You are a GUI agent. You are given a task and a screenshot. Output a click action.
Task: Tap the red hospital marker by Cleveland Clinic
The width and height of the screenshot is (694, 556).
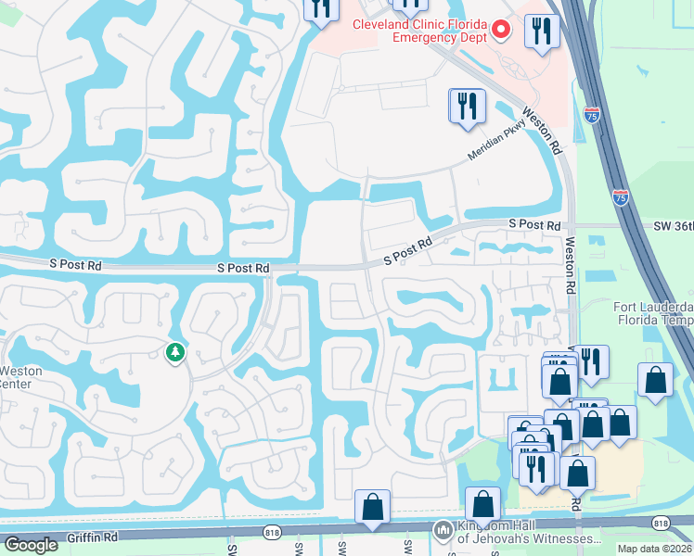(502, 32)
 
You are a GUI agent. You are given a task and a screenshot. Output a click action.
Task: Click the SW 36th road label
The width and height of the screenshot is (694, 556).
(673, 224)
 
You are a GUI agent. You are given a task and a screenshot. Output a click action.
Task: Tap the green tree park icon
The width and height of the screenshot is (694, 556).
(174, 352)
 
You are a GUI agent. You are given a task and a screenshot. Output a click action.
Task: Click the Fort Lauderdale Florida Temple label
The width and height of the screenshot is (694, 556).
(653, 314)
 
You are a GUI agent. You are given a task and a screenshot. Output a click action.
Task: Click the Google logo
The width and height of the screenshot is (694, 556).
(31, 545)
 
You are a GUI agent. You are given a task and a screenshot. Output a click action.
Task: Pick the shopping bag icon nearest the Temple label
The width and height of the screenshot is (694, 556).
(655, 380)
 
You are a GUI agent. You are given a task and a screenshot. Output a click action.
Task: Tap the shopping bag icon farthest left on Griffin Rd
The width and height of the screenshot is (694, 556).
(372, 507)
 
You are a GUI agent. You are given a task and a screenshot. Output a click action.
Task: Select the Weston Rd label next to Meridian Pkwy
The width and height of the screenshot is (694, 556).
(543, 131)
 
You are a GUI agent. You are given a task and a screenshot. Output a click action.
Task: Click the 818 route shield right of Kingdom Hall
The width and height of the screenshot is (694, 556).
(660, 524)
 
